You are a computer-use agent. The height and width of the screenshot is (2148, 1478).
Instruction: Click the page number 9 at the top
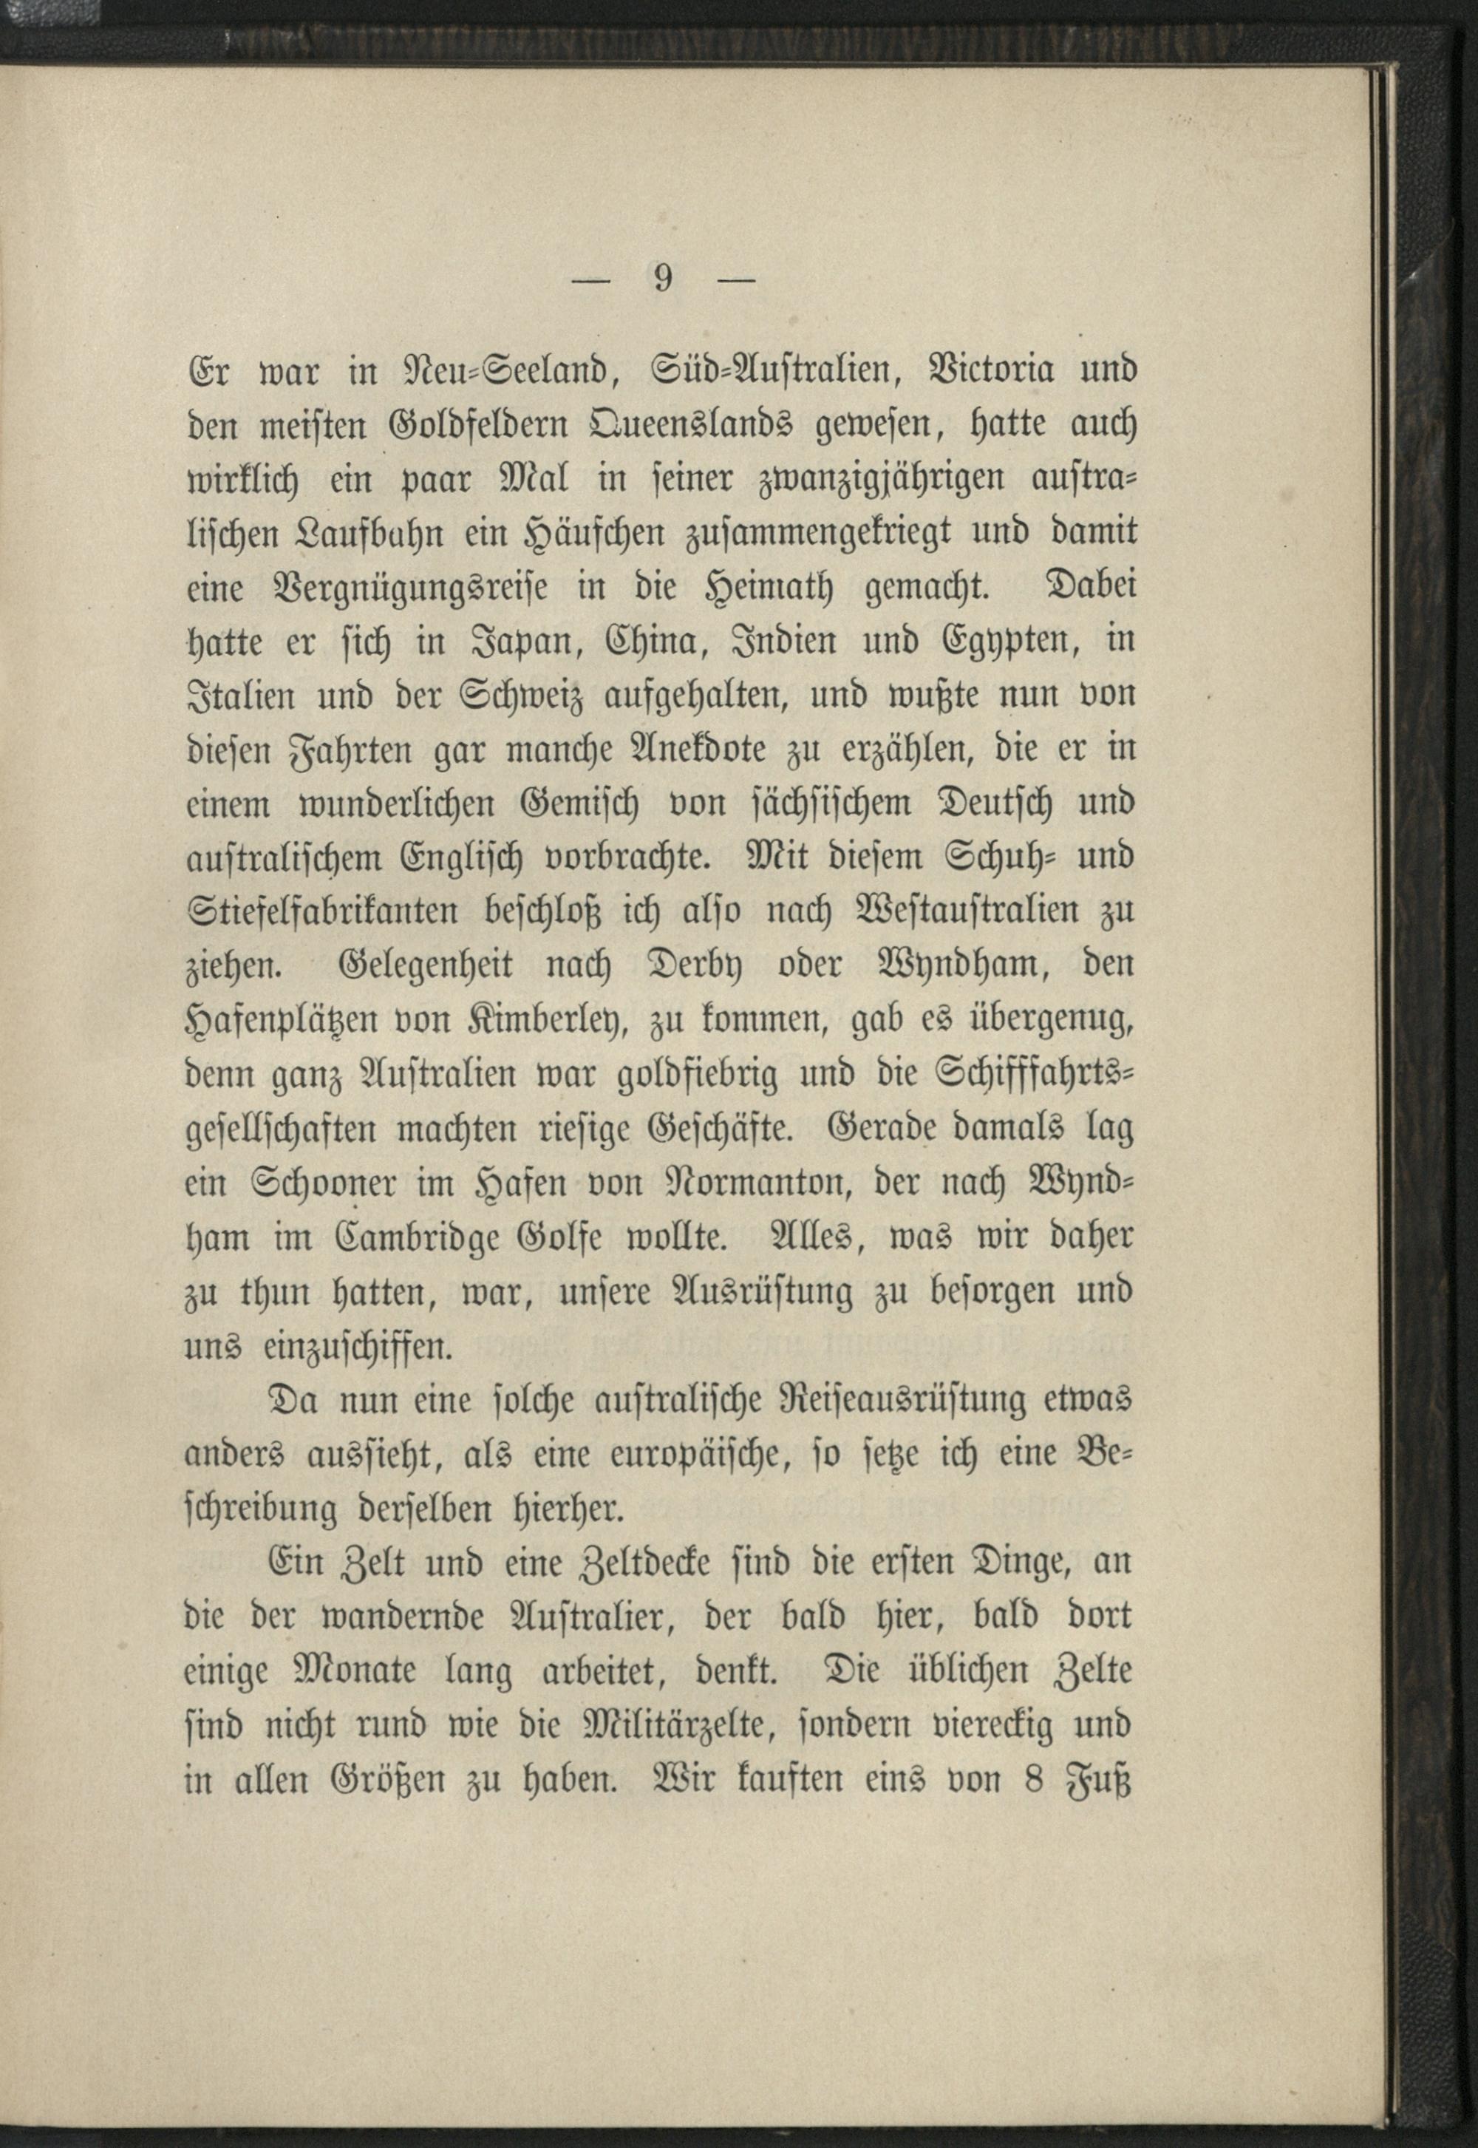pyautogui.click(x=662, y=279)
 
